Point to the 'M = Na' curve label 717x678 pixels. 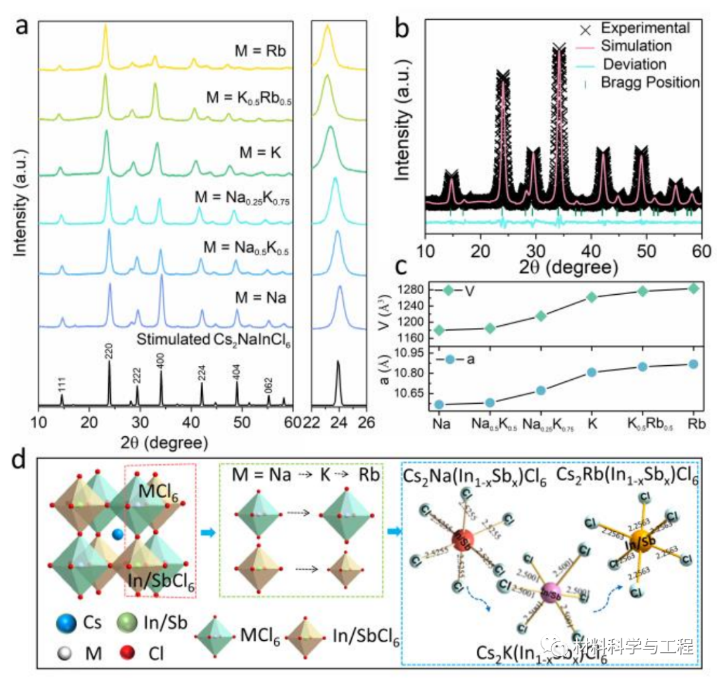click(260, 298)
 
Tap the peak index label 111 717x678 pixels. click(62, 384)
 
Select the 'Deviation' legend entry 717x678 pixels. click(633, 64)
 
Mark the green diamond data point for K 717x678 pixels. click(592, 297)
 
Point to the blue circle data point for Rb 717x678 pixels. click(694, 364)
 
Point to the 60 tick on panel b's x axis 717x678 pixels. click(702, 251)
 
